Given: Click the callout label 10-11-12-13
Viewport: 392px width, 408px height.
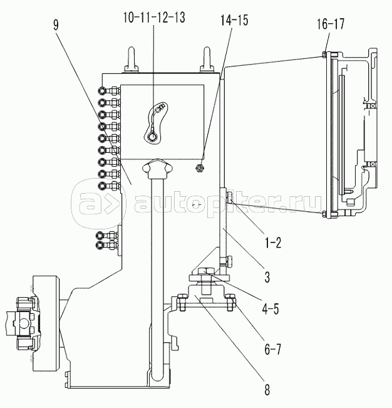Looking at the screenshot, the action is coord(154,18).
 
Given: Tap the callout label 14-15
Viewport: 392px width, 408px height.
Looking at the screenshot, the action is coord(234,20).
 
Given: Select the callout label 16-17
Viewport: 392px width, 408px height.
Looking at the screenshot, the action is coord(331,24).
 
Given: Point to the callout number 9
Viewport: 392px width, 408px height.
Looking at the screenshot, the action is coord(56,25).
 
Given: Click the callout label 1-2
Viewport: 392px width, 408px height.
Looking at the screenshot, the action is coord(273,243).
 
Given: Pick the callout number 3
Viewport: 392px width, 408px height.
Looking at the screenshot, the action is coord(267,276).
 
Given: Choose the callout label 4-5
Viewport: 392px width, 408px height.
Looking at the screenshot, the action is coord(271,309).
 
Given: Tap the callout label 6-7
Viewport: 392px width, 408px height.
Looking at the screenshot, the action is coord(272,348).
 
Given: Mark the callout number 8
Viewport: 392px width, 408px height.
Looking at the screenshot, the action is coord(267,389).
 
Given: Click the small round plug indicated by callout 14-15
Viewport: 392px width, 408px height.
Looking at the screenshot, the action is coord(200,169).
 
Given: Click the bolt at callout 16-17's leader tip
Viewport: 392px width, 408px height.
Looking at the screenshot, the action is coord(324,55).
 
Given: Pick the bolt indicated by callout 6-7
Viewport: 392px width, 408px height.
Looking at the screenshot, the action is coord(231,302).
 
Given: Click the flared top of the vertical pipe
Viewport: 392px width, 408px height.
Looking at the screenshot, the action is coord(157,168).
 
